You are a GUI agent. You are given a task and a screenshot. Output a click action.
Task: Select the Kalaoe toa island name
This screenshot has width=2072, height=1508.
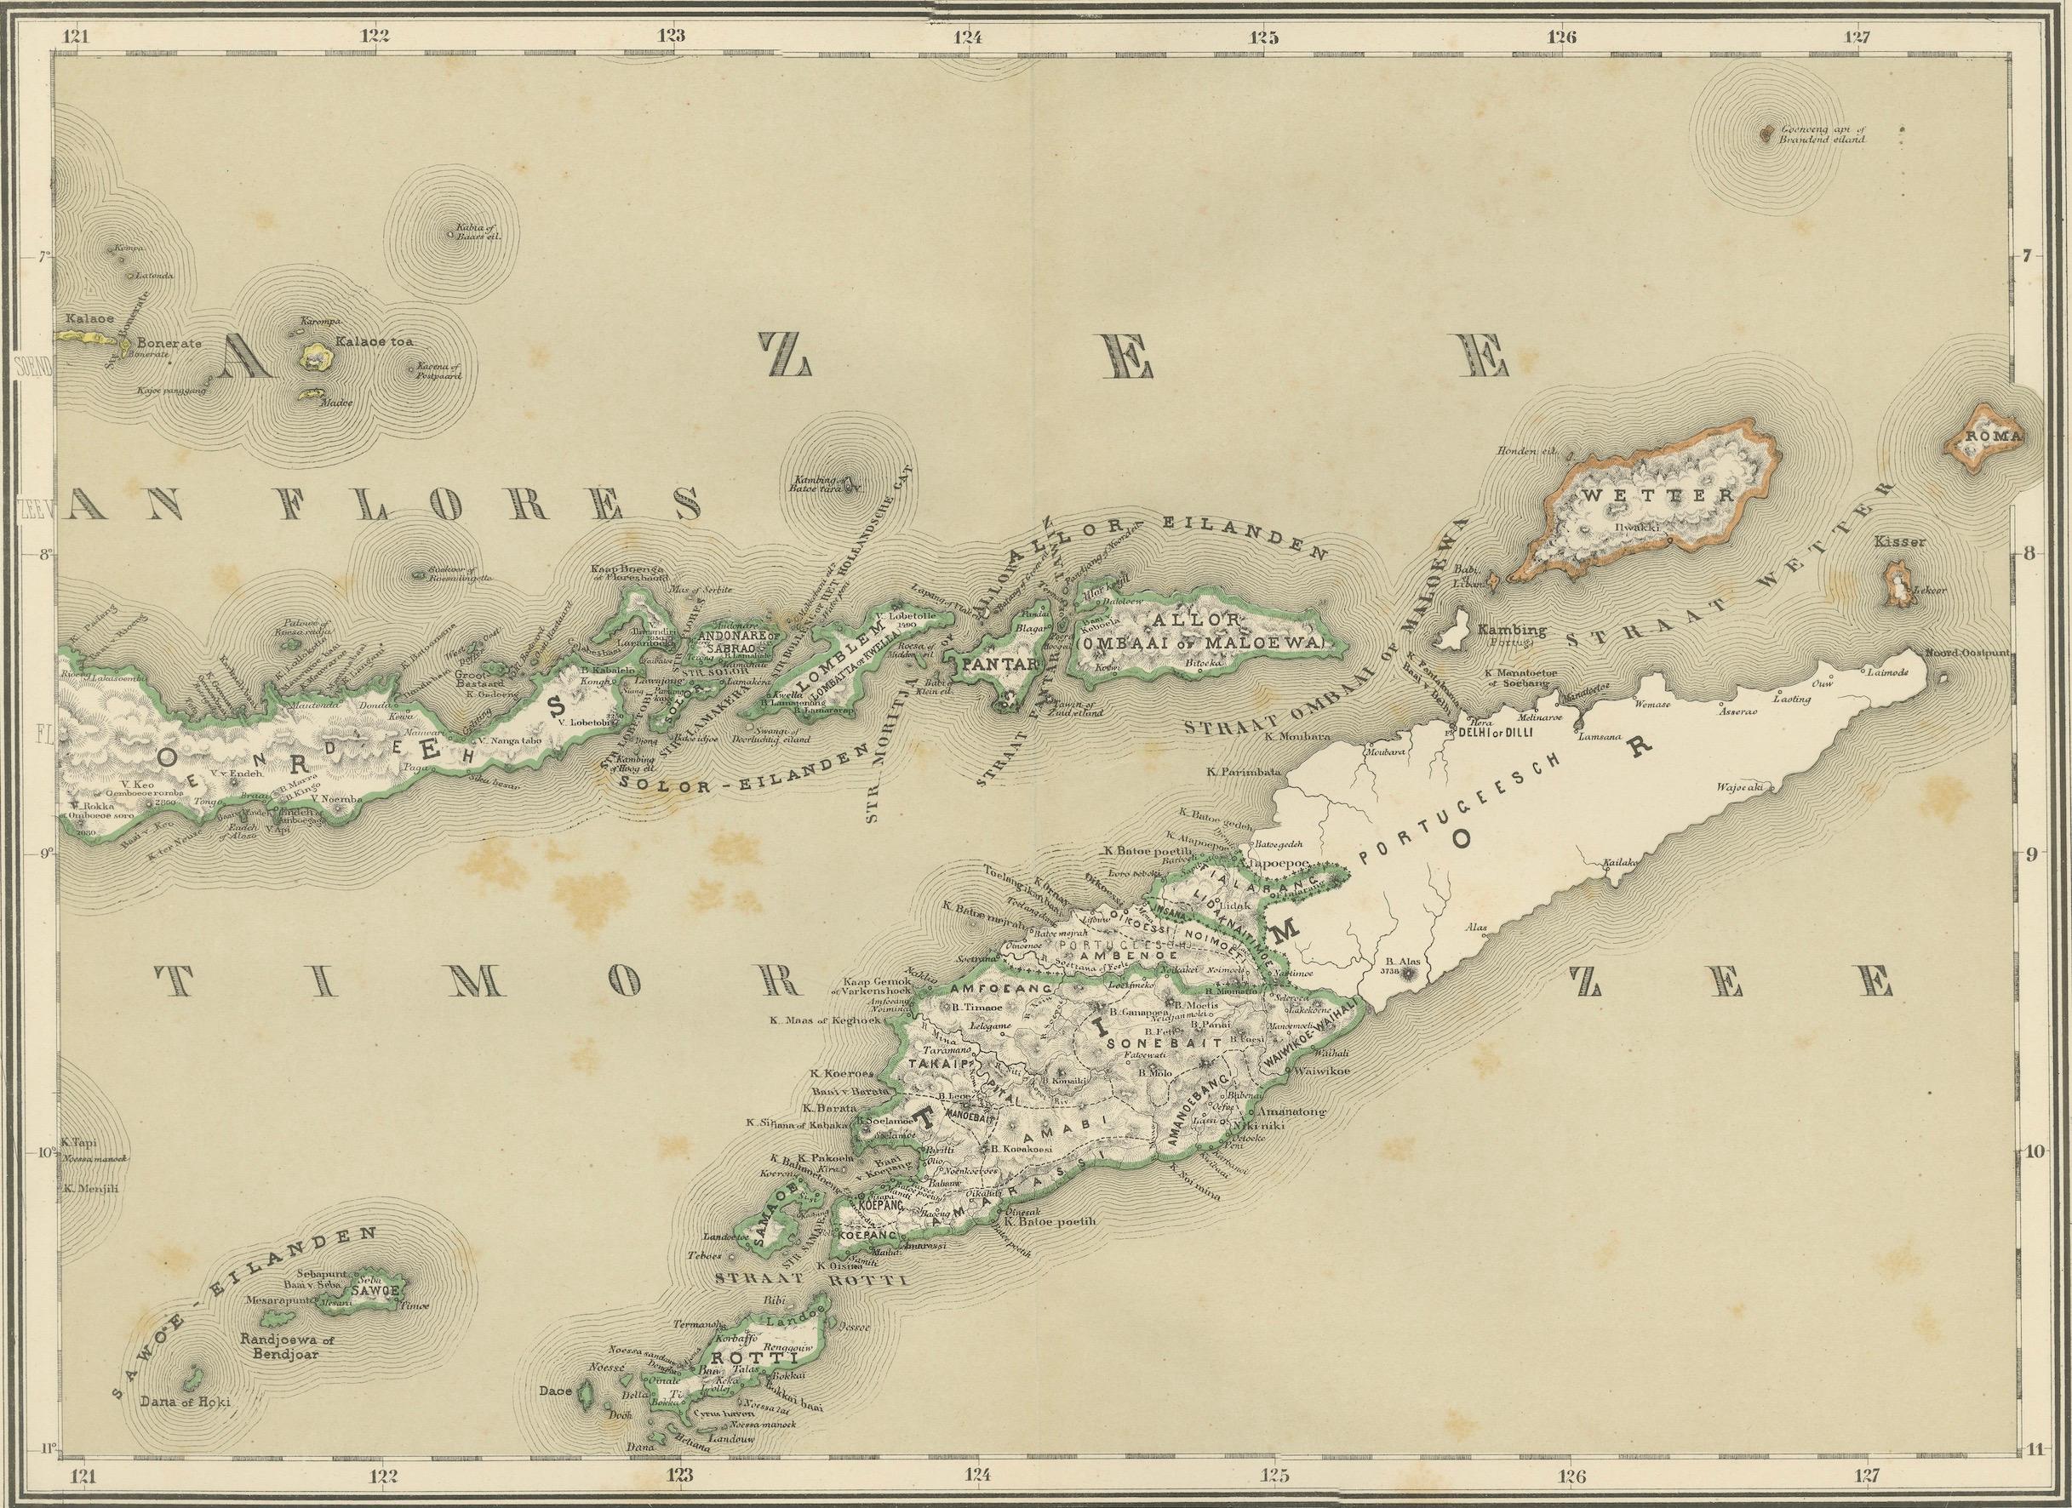point(375,341)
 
